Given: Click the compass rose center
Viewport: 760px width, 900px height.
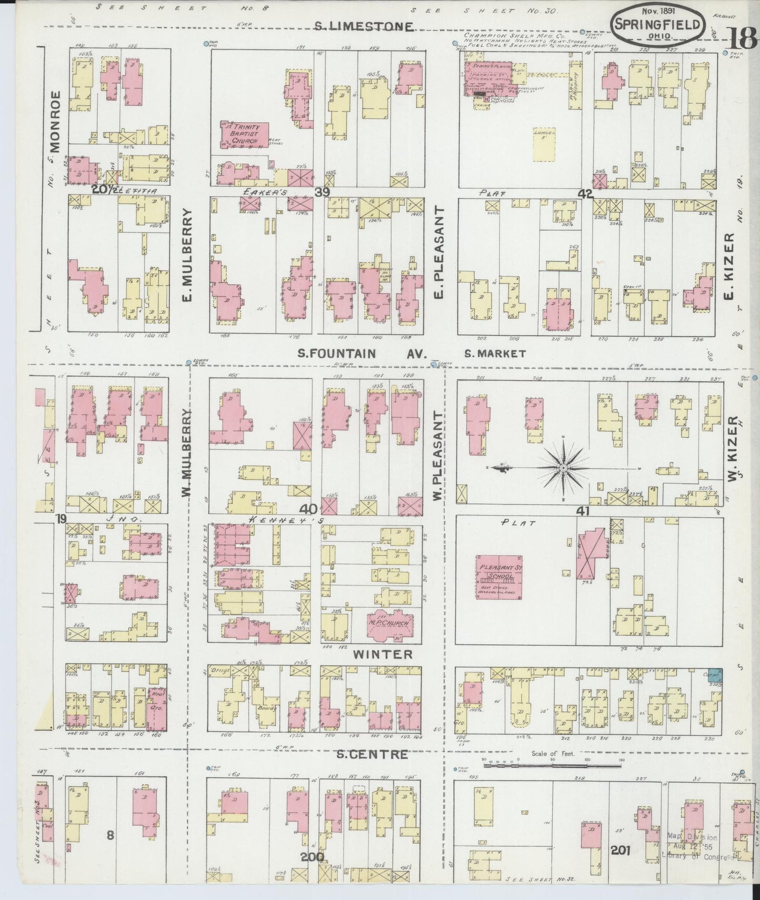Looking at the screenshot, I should pos(563,467).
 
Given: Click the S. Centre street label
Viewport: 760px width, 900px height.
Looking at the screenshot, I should pos(371,754).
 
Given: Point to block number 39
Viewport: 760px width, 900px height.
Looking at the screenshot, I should pos(322,193).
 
